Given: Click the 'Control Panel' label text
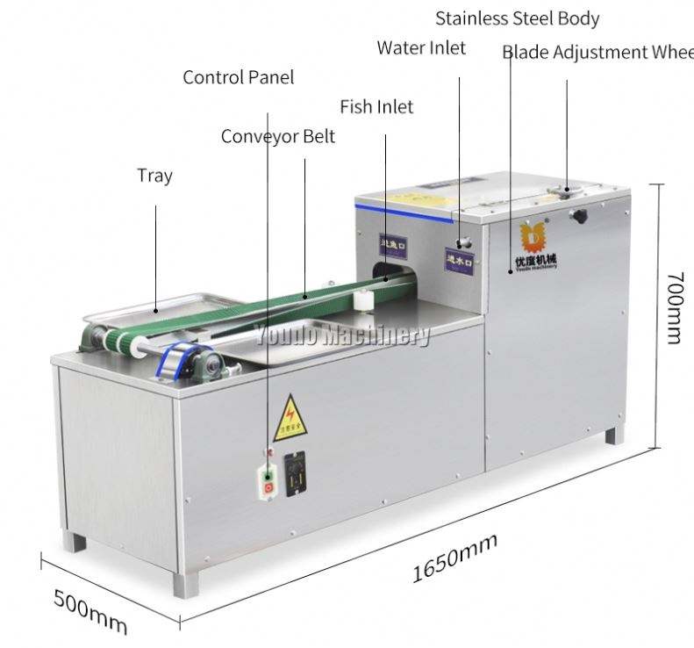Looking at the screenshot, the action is click(238, 77).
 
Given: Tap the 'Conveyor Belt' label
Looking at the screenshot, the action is click(277, 137).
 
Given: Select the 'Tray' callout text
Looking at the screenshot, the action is click(154, 176).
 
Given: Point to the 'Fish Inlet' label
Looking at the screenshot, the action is click(376, 107).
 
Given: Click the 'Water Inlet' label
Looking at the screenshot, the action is click(421, 47).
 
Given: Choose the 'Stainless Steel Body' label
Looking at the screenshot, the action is click(518, 18).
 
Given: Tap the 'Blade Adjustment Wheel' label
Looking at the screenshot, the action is click(597, 53).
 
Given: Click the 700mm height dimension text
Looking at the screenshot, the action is click(673, 307).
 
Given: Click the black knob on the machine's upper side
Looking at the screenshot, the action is click(578, 215).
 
